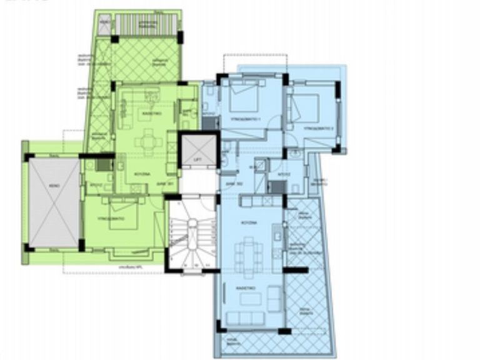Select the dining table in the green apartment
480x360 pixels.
click(149, 142)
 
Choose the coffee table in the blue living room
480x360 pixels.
click(249, 299)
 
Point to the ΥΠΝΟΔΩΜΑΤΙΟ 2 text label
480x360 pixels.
click(318, 129)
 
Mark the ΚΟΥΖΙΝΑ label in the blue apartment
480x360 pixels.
click(249, 223)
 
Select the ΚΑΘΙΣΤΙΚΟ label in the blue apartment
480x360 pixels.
click(246, 288)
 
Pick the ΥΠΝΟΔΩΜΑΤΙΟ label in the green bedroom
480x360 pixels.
click(111, 219)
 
